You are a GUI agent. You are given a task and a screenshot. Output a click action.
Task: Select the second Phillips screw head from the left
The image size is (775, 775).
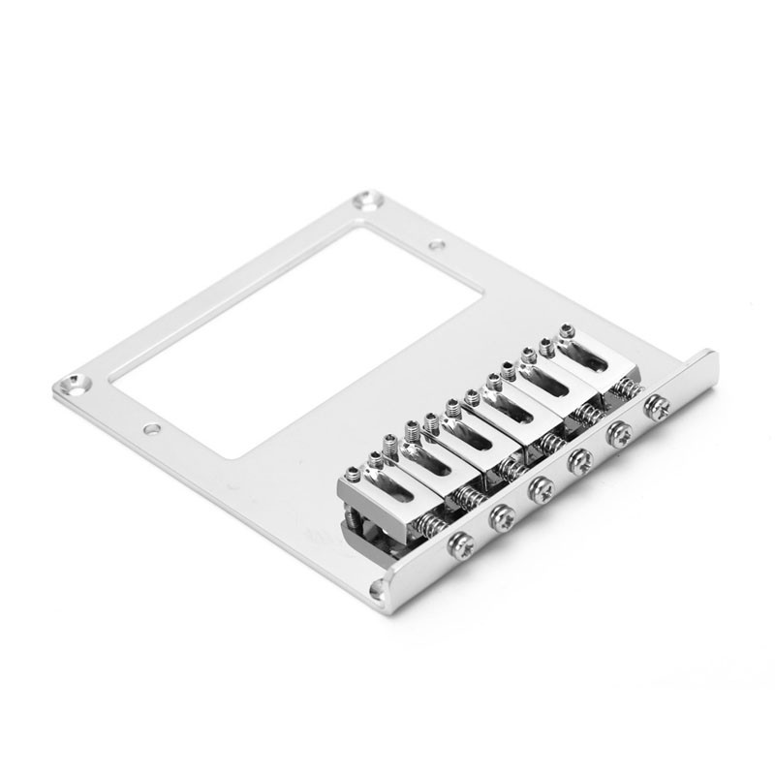(502, 519)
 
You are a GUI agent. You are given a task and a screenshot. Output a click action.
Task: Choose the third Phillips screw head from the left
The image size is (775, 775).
(539, 489)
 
